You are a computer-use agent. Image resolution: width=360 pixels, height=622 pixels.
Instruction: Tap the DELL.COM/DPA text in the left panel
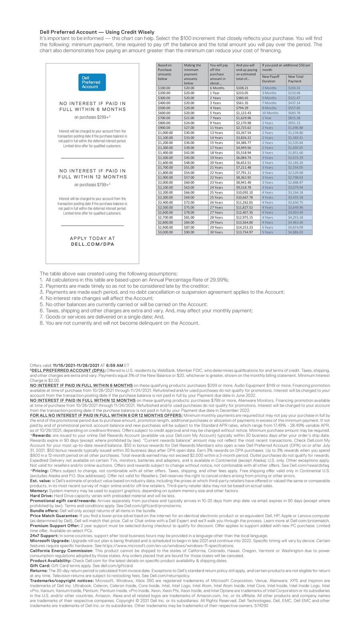pyautogui.click(x=92, y=244)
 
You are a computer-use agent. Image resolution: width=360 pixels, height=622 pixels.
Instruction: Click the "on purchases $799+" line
pyautogui.click(x=92, y=185)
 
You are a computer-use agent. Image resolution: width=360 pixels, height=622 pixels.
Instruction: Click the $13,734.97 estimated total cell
pyautogui.click(x=245, y=232)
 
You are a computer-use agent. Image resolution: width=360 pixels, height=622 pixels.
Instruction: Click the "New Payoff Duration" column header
pyautogui.click(x=271, y=78)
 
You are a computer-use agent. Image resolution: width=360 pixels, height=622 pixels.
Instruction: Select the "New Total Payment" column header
pyautogui.click(x=296, y=78)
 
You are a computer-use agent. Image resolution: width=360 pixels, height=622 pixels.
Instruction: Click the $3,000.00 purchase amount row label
pyautogui.click(x=165, y=232)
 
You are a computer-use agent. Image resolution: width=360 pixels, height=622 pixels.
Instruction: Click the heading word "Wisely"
pyautogui.click(x=144, y=32)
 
